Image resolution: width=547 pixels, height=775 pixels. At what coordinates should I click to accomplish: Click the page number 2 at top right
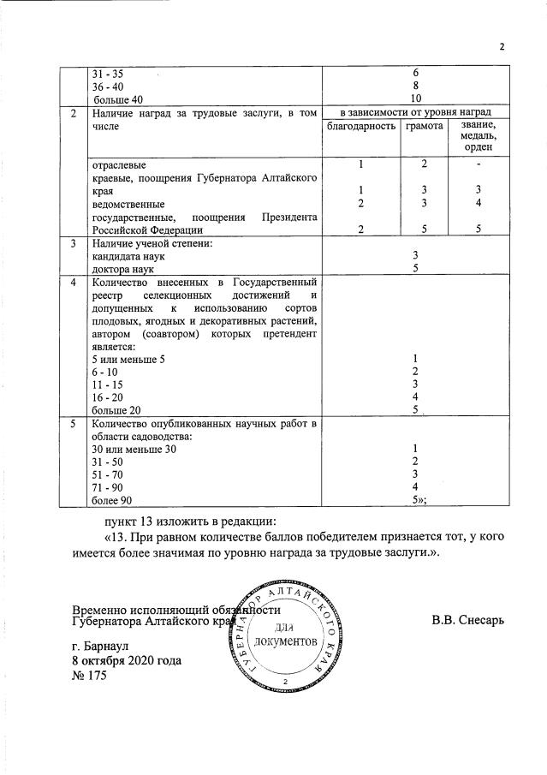click(x=502, y=47)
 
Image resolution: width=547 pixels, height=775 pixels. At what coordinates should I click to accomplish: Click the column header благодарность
click(x=360, y=127)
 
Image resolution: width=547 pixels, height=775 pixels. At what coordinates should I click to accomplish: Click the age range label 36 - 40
click(x=107, y=86)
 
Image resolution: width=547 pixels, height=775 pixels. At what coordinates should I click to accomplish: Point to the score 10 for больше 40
click(x=414, y=98)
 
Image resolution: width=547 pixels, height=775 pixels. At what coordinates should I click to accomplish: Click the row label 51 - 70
click(x=106, y=474)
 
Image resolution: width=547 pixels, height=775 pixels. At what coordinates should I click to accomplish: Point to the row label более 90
click(x=112, y=498)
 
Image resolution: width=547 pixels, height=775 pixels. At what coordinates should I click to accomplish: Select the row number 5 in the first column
click(x=74, y=423)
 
